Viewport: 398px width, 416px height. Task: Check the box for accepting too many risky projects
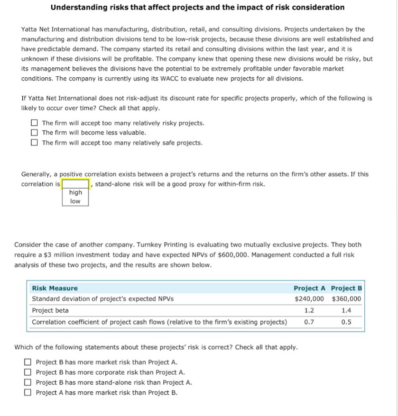click(x=34, y=123)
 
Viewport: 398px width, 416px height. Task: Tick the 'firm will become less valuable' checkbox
click(x=34, y=133)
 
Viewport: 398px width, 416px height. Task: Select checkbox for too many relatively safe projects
click(x=34, y=143)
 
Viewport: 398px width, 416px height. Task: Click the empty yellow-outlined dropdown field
click(x=75, y=184)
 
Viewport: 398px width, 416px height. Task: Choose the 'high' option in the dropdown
click(x=75, y=192)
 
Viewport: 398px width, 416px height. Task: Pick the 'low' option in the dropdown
click(x=75, y=201)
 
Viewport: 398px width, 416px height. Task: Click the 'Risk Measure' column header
click(x=55, y=288)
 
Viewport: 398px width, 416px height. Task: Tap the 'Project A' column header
click(x=309, y=288)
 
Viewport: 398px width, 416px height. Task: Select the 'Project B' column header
click(x=346, y=288)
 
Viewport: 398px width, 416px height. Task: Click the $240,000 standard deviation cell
click(x=309, y=299)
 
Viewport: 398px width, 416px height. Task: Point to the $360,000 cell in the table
click(x=346, y=299)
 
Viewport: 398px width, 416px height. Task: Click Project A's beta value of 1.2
click(x=309, y=311)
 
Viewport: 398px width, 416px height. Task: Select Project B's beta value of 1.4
click(x=346, y=311)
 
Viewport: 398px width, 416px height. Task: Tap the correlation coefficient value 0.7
click(x=309, y=322)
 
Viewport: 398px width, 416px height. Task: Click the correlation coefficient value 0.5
click(x=346, y=322)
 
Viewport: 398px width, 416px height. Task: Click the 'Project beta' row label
click(x=50, y=311)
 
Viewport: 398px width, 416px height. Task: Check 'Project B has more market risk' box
click(x=28, y=362)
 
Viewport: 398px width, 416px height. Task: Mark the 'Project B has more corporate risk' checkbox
click(x=28, y=372)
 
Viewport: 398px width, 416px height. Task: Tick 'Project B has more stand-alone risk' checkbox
click(x=28, y=382)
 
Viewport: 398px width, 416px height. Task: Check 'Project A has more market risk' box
click(x=28, y=392)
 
